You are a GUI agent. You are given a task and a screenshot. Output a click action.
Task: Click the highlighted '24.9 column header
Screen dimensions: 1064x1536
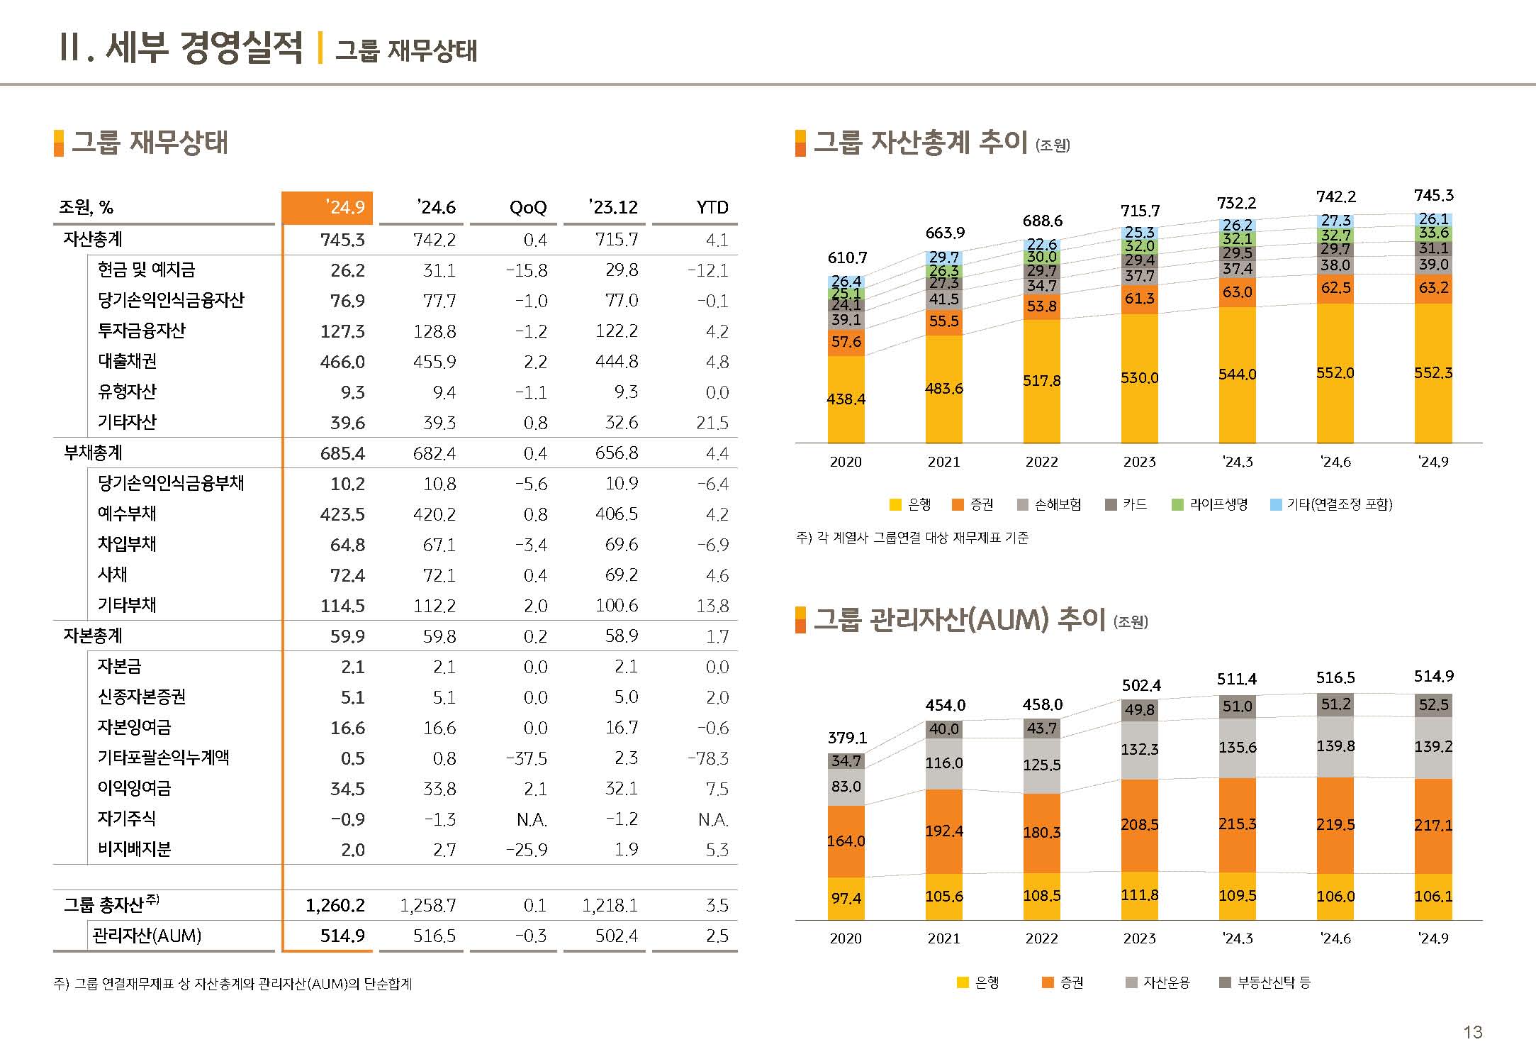tap(328, 207)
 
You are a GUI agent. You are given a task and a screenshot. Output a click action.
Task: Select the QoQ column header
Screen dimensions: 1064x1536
tap(528, 207)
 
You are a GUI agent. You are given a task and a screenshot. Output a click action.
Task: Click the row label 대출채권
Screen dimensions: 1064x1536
tap(128, 361)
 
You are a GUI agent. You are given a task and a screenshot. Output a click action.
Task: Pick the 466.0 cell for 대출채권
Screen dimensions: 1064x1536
tap(342, 362)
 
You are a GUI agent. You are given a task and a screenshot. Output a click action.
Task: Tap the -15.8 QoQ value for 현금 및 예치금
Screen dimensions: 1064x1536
tap(526, 270)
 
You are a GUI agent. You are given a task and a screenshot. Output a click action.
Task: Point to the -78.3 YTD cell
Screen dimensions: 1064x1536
tap(707, 758)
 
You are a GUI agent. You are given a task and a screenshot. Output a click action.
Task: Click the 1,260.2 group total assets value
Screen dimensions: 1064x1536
tap(335, 905)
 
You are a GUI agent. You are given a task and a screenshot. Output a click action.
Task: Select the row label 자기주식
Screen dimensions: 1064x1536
tap(126, 819)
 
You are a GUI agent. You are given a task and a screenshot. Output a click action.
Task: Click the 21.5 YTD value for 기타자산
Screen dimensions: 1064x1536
tap(712, 423)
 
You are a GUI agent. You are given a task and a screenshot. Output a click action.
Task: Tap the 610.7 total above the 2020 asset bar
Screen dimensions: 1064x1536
tap(847, 257)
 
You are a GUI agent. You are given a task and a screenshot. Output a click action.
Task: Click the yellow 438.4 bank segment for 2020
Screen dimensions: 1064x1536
tap(846, 399)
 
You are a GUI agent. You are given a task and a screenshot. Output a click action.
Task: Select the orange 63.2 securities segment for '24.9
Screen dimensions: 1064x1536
tap(1433, 288)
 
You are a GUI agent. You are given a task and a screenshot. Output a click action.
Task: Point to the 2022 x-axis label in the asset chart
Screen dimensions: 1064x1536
tap(1041, 462)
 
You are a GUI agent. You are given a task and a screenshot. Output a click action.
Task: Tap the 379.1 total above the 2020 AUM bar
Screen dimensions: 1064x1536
tap(847, 738)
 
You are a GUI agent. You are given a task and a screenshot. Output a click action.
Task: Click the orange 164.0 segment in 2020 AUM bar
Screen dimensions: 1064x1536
tap(846, 841)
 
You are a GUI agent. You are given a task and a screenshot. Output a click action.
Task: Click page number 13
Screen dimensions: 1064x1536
tap(1472, 1032)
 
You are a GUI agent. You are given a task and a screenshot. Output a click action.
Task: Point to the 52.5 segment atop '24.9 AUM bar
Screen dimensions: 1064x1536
tap(1433, 705)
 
